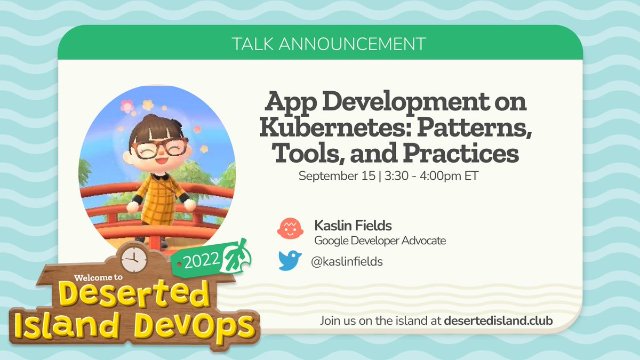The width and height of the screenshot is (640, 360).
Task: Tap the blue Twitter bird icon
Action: (290, 261)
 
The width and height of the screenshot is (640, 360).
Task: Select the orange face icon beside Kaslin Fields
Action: (290, 229)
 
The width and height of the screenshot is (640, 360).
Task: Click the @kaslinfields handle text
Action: (347, 261)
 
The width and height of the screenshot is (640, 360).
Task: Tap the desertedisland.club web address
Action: (499, 321)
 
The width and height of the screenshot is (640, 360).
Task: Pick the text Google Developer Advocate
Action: (380, 241)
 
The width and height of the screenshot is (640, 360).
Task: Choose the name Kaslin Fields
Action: (353, 226)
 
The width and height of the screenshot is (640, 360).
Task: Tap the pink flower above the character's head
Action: (127, 106)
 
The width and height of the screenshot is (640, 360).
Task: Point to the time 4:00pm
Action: (446, 176)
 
